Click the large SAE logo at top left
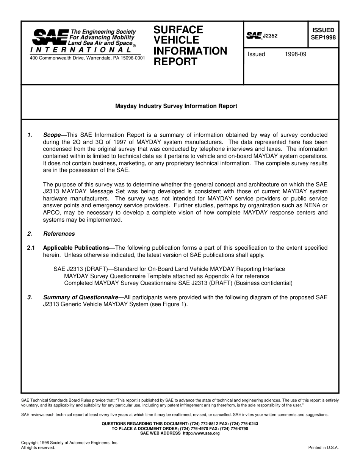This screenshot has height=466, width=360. [50, 37]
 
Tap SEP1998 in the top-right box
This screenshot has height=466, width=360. [323, 38]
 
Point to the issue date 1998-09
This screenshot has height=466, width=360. [295, 54]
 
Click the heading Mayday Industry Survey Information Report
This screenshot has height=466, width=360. [176, 106]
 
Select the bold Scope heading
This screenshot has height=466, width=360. [52, 135]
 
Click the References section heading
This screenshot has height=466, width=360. [59, 234]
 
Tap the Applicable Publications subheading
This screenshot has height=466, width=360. [78, 248]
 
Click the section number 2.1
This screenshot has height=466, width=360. [31, 248]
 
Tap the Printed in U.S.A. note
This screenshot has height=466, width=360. [323, 447]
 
